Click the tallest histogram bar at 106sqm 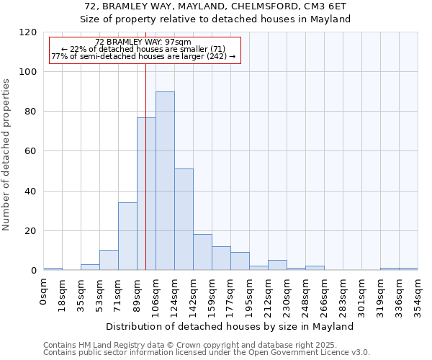click(165, 181)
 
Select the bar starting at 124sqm click(184, 220)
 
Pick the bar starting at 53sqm click(109, 260)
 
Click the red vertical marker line click(145, 180)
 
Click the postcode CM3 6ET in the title click(323, 6)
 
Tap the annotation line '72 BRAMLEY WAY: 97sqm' click(143, 42)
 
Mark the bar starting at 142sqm click(202, 252)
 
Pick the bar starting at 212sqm click(277, 265)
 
